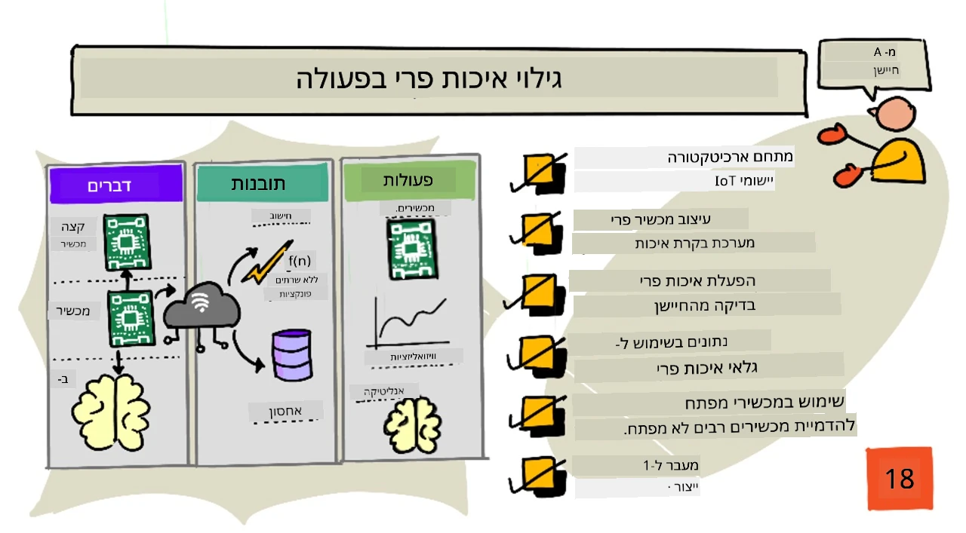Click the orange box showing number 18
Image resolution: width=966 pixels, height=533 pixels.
(900, 478)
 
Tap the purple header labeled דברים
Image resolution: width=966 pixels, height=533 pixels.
(116, 185)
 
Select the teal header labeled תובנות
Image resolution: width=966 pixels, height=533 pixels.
(262, 183)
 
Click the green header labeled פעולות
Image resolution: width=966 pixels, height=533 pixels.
(410, 180)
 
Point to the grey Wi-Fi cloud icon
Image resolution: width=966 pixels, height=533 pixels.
(201, 305)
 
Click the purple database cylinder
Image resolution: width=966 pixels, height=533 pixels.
(292, 355)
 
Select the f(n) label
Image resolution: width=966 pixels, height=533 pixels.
(300, 261)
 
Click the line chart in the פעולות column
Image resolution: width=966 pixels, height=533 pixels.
(408, 323)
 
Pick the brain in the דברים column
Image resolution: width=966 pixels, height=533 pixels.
(111, 413)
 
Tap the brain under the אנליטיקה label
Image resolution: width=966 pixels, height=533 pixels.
(412, 425)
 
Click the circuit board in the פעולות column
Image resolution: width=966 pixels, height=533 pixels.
(412, 249)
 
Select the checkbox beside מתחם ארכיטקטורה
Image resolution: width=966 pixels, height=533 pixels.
(538, 173)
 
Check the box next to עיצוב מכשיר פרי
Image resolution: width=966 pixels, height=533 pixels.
(537, 233)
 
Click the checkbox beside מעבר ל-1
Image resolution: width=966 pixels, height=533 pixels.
(537, 476)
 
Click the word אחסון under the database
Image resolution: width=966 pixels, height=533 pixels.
(285, 411)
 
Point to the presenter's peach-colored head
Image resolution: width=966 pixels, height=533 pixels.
(895, 113)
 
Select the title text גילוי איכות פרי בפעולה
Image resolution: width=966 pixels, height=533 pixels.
(429, 79)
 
